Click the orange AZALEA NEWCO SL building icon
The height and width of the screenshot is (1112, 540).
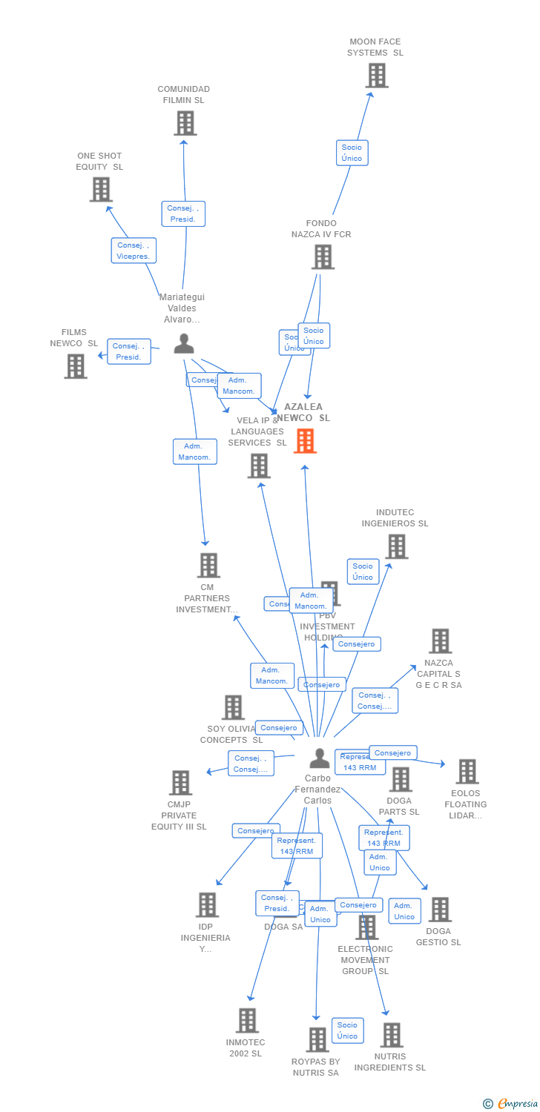click(x=305, y=441)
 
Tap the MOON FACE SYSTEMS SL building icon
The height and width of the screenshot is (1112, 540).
click(x=377, y=76)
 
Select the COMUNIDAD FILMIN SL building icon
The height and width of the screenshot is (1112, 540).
click(x=185, y=123)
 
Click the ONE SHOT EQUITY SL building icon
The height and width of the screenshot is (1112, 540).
click(x=101, y=190)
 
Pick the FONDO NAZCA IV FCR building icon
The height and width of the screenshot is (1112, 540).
click(x=323, y=257)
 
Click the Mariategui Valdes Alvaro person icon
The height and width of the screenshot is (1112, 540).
click(x=183, y=343)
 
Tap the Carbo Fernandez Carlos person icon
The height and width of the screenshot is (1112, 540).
click(x=319, y=758)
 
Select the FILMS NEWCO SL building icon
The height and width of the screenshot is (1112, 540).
click(x=76, y=366)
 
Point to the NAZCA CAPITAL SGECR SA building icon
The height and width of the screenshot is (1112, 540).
click(x=440, y=641)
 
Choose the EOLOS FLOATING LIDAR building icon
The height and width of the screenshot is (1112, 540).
click(x=467, y=772)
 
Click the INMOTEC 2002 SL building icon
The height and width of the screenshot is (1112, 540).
click(x=247, y=1021)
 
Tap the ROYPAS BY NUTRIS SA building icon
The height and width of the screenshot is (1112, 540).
click(x=317, y=1040)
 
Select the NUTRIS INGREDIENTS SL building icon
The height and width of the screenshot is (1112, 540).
click(x=391, y=1035)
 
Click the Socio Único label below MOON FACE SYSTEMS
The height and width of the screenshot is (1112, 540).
click(x=352, y=153)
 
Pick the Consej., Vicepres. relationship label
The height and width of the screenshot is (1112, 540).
click(x=134, y=251)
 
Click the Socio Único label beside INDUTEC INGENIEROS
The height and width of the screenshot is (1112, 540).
click(x=363, y=572)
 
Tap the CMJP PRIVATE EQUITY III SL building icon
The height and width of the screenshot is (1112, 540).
click(x=180, y=783)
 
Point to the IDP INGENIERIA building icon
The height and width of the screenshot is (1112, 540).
click(x=207, y=905)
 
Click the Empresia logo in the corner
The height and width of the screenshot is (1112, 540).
click(x=511, y=1104)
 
